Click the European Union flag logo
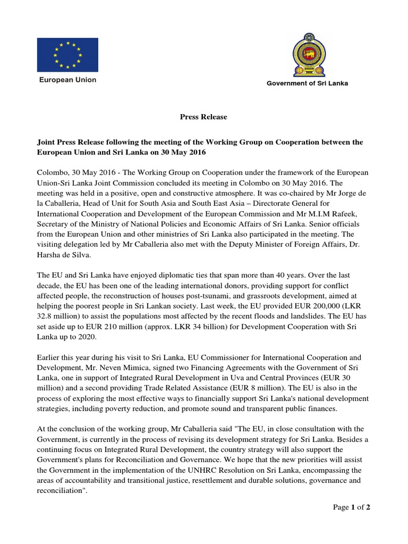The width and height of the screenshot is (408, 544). [x=67, y=55]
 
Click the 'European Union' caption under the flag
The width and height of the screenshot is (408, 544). [x=66, y=80]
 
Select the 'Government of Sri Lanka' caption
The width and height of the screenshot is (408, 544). [x=307, y=83]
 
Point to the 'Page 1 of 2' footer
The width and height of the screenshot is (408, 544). [x=351, y=507]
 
